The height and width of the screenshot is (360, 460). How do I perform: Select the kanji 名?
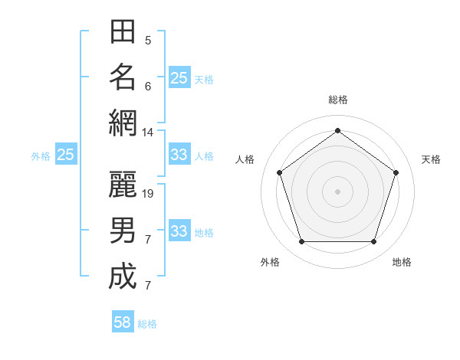tap(123, 77)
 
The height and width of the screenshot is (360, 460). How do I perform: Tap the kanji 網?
tap(123, 123)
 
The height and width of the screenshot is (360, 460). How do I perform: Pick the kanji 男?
tap(123, 230)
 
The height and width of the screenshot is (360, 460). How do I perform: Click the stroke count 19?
tap(149, 194)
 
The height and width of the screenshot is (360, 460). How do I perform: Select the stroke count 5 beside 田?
tap(147, 41)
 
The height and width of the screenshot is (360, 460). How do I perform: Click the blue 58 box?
tap(123, 322)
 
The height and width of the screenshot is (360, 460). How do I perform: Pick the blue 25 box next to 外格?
tap(66, 155)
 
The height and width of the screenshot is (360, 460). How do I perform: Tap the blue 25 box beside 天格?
tap(179, 77)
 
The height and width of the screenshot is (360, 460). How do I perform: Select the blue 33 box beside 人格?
tap(179, 155)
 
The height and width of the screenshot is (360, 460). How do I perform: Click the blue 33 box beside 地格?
tap(179, 231)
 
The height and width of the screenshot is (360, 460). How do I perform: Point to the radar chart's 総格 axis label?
tap(337, 100)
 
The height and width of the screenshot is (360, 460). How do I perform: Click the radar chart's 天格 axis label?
tap(431, 159)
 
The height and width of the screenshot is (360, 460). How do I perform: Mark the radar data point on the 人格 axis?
tap(279, 172)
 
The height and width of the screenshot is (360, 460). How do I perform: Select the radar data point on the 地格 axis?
tap(373, 241)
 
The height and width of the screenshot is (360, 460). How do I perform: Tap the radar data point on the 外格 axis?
tap(301, 241)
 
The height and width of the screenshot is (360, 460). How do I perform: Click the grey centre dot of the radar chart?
tap(337, 191)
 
